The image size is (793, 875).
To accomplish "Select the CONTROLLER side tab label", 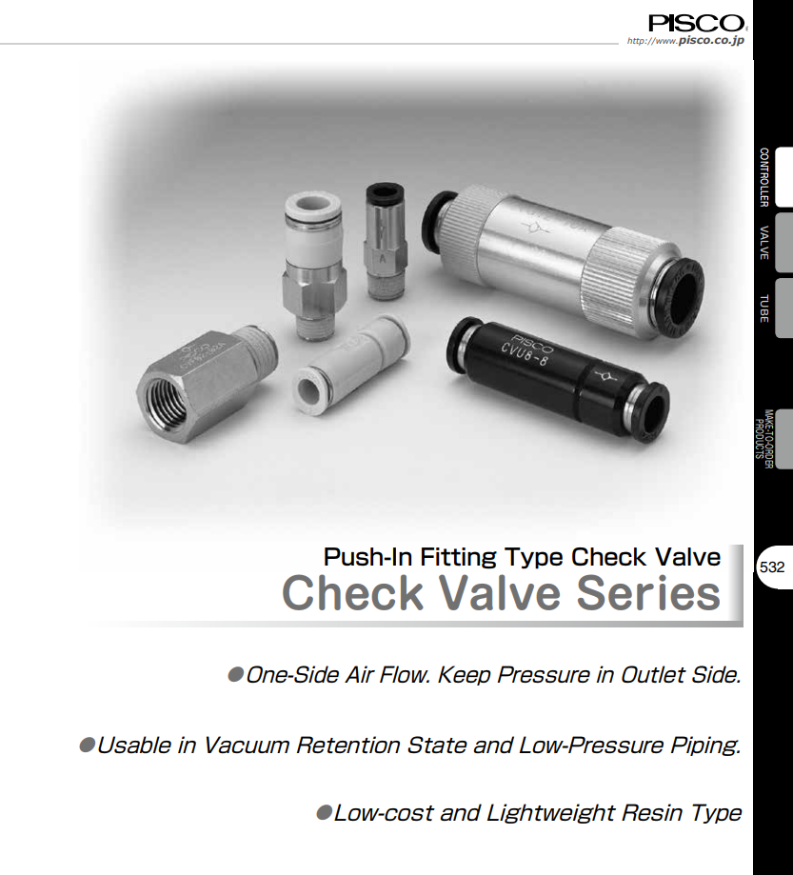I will coord(763,178).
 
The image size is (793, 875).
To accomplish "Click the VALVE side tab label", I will coord(763,243).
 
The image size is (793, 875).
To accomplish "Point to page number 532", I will coord(772,567).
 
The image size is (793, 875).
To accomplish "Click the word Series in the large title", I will coord(648,593).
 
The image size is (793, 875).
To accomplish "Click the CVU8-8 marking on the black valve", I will coord(535,354).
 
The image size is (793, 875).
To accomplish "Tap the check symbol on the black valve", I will coord(605,377).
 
